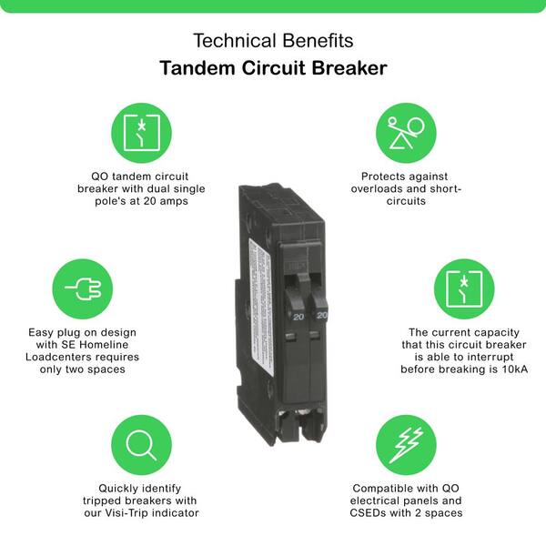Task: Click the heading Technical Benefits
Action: tap(273, 41)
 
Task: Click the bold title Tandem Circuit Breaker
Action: tap(273, 69)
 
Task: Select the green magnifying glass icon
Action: tap(141, 445)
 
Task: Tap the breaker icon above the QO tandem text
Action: tap(141, 133)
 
